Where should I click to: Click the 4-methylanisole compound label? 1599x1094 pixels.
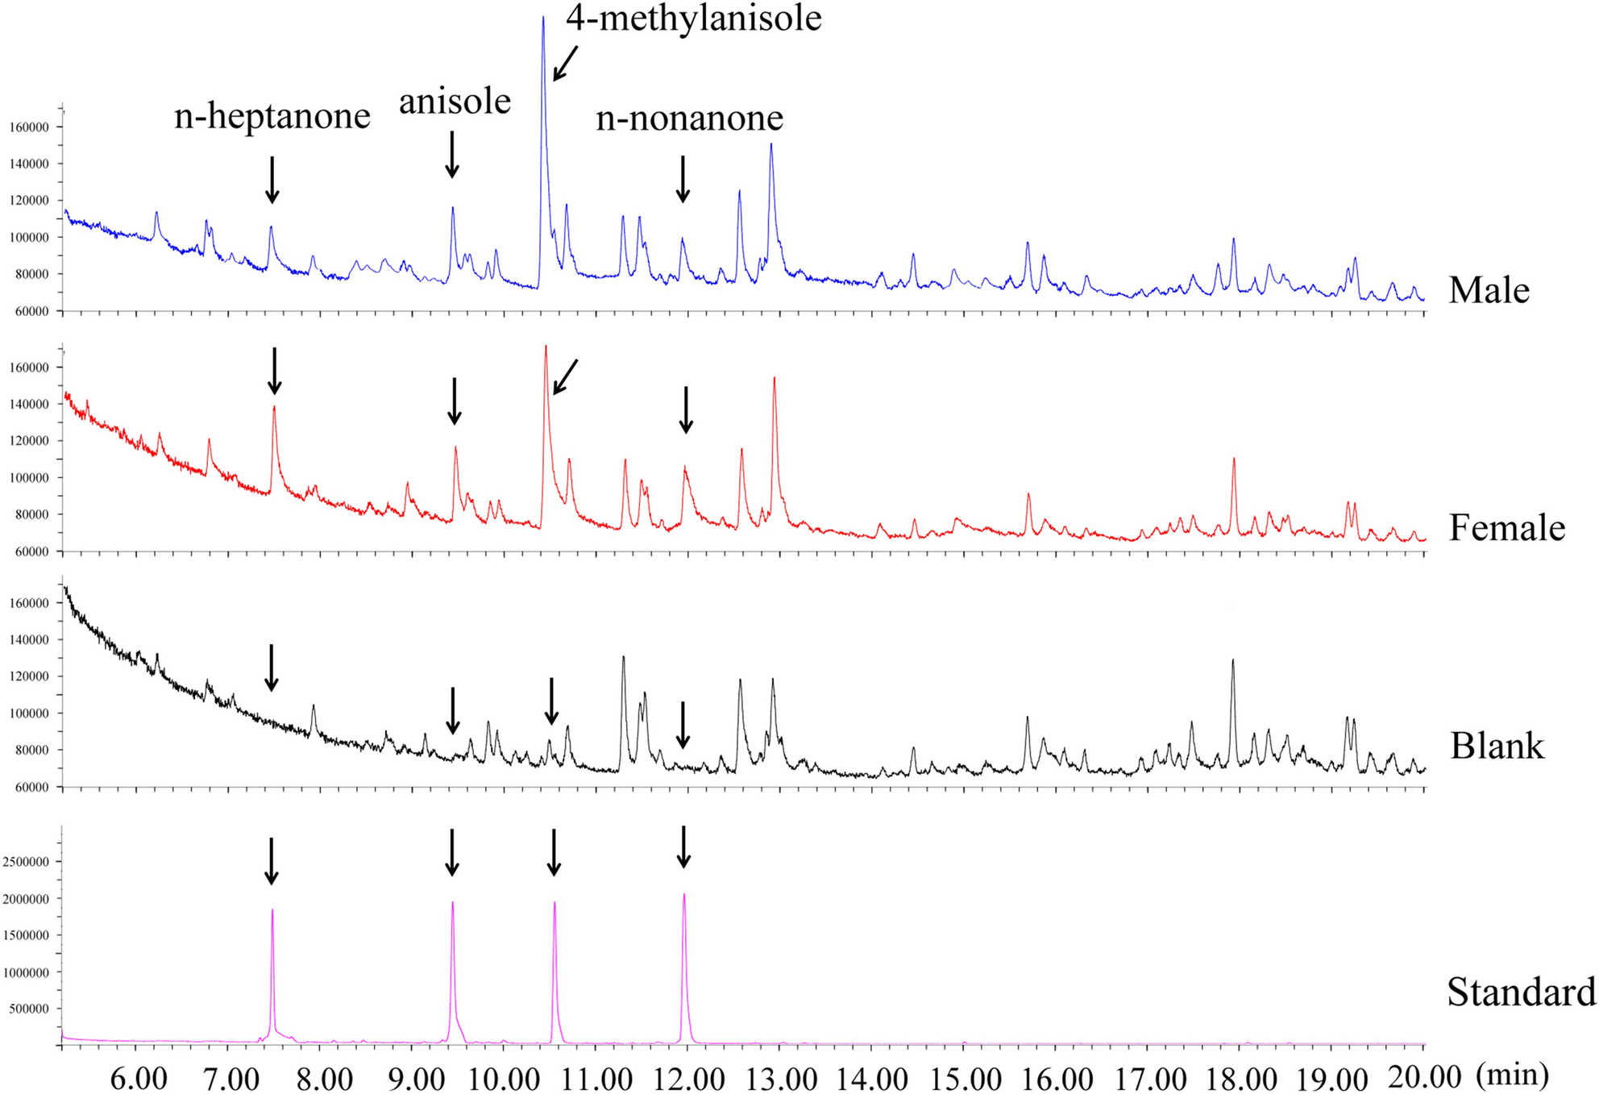tap(693, 18)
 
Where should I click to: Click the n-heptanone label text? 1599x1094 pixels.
tap(272, 117)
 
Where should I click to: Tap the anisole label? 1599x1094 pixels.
tap(455, 102)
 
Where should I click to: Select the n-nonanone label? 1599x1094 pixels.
tap(689, 119)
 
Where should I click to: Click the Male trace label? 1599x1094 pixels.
tap(1489, 290)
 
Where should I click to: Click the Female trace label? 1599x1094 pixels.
tap(1506, 528)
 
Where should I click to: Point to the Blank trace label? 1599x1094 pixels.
tap(1497, 746)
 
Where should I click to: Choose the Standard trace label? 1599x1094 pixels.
tap(1521, 992)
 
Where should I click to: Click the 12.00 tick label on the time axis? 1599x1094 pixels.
tap(686, 1078)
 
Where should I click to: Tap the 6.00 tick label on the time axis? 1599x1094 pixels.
tap(138, 1078)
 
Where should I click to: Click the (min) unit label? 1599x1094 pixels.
tap(1513, 1074)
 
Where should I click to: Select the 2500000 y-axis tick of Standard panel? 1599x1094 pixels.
tap(26, 862)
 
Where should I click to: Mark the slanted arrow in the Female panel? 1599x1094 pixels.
tap(566, 376)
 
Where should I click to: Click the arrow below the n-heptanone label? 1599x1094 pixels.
tap(272, 179)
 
